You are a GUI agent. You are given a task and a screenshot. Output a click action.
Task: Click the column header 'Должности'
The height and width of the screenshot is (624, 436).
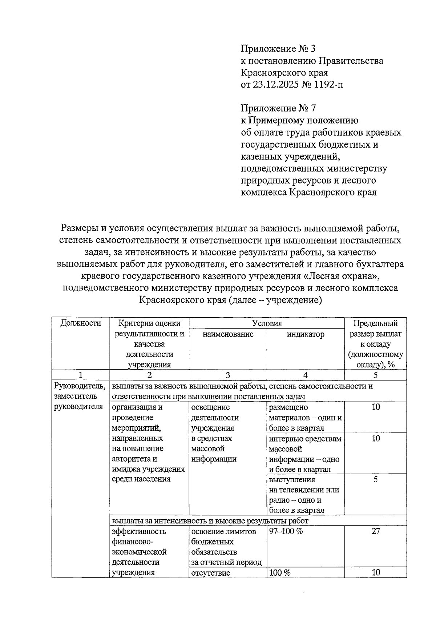(81, 323)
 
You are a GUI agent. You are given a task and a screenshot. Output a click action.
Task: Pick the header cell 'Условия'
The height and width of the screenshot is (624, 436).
(267, 323)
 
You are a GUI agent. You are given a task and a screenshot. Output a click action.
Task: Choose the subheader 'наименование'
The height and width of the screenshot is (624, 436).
(228, 334)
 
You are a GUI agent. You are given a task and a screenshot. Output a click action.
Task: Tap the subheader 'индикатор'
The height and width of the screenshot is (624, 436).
(305, 334)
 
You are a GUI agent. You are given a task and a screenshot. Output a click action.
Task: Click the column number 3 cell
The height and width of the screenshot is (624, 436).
(228, 375)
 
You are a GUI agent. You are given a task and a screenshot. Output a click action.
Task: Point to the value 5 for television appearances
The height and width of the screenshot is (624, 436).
(375, 479)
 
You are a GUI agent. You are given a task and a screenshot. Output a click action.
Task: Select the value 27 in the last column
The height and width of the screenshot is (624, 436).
(375, 531)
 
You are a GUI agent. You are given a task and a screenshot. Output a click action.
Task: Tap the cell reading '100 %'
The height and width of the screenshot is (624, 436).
(280, 573)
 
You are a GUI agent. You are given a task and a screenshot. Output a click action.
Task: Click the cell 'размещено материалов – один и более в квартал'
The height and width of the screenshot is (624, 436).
(305, 417)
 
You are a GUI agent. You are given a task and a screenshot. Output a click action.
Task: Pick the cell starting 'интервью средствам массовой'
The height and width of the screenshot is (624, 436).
(305, 454)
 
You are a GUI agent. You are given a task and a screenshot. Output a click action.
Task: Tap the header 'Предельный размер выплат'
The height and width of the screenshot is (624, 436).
(375, 329)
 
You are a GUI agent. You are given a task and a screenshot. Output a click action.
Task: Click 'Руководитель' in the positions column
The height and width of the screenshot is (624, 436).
(80, 386)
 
